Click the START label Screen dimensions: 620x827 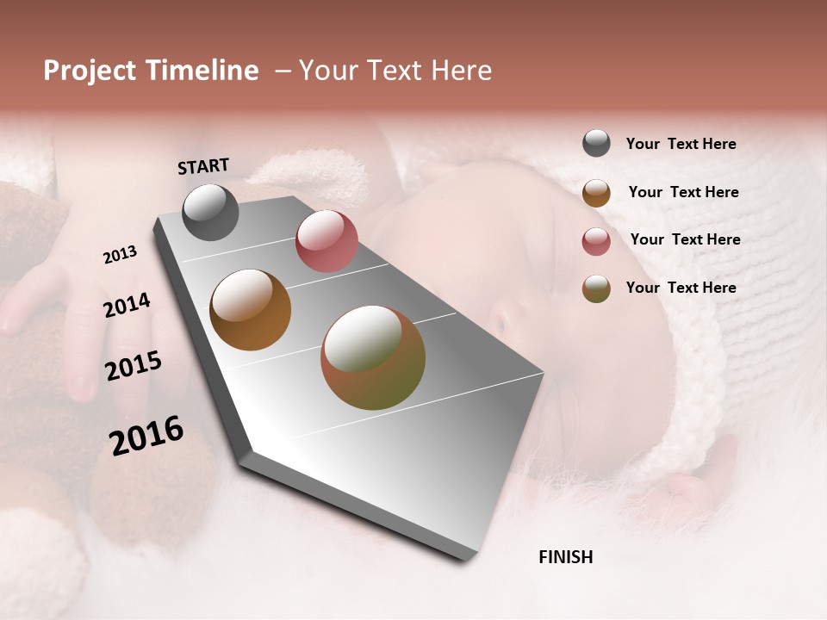203,166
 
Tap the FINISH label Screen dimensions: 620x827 565,557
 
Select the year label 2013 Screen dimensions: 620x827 120,255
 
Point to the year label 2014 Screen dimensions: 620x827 127,306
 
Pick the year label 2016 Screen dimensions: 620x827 146,436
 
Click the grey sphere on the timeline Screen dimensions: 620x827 210,212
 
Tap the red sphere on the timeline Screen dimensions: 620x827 326,241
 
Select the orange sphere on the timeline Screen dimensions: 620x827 251,310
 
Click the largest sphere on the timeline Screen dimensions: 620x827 373,357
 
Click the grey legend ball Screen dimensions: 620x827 596,143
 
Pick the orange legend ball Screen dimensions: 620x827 596,193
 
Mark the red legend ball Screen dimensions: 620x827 596,241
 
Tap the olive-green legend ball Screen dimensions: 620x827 596,288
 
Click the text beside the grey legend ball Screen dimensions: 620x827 681,145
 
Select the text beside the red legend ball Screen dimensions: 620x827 685,239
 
